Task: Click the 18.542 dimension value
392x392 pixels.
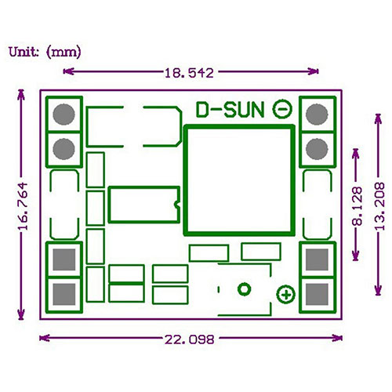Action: point(189,73)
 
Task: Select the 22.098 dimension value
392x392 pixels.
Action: point(189,339)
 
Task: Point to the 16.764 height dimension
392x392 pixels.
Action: point(23,206)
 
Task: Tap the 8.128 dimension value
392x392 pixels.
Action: point(358,206)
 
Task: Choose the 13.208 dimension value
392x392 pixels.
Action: point(379,206)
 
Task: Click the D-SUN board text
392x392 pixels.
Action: point(230,110)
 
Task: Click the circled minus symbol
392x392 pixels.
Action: point(282,109)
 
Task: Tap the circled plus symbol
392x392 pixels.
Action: point(286,295)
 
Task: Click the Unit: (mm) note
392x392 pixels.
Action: point(45,52)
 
